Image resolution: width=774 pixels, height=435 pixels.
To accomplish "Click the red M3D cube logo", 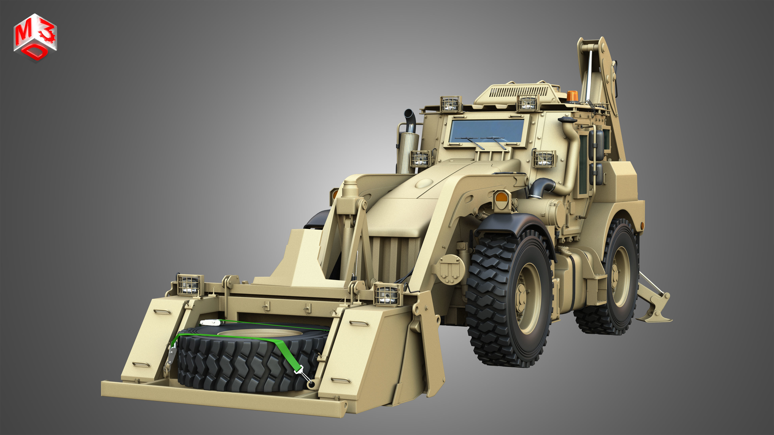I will [x=35, y=37].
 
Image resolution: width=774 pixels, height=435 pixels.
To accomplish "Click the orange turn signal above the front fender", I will [x=501, y=197].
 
